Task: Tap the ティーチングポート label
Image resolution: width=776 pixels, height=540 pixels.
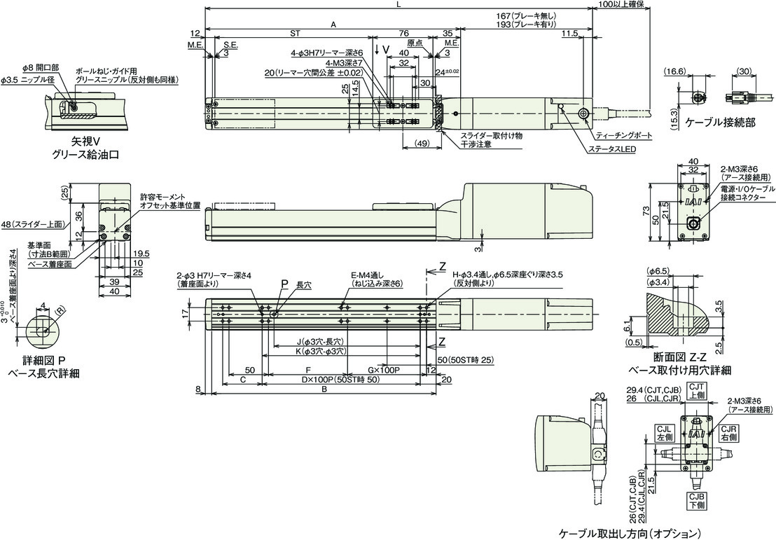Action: pos(621,134)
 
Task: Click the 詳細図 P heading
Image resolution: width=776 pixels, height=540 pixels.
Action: pos(44,361)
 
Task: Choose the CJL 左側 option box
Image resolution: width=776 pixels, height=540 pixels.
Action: pos(665,432)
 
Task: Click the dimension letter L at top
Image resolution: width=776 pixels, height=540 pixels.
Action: pos(398,5)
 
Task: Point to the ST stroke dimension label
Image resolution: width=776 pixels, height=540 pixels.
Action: pos(295,32)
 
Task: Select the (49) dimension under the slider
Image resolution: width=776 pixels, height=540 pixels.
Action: pos(422,143)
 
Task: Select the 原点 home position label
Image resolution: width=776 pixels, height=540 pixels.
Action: pos(415,42)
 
